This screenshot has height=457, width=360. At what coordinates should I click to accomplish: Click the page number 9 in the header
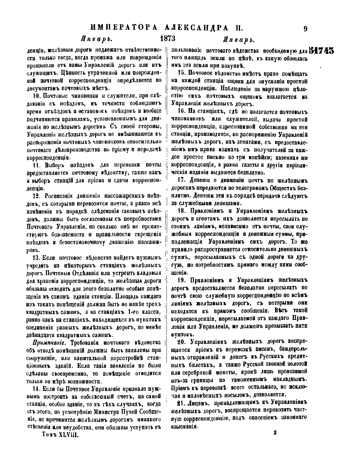click(305, 29)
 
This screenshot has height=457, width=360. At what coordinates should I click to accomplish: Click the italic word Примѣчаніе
click(47, 343)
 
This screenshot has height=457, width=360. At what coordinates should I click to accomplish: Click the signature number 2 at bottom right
click(275, 432)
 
